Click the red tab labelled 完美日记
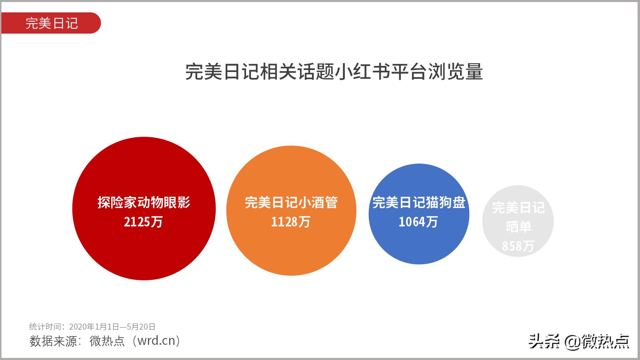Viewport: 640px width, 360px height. click(51, 23)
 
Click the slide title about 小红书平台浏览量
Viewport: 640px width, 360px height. click(334, 72)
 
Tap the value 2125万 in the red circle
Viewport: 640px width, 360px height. click(143, 222)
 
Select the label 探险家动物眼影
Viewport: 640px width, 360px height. click(144, 202)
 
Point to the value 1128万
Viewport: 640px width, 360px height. click(291, 222)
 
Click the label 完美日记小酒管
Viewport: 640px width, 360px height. click(291, 202)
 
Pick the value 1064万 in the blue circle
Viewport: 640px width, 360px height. click(418, 222)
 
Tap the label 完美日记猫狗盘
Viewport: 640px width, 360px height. click(418, 202)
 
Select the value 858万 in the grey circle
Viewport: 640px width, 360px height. click(518, 246)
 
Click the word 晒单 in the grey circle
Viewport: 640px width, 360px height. click(518, 227)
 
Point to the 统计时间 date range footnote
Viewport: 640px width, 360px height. click(92, 327)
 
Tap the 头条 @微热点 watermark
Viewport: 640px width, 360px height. click(579, 341)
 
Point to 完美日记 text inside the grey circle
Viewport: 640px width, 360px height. click(518, 208)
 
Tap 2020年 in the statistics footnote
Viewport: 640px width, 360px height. click(82, 327)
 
